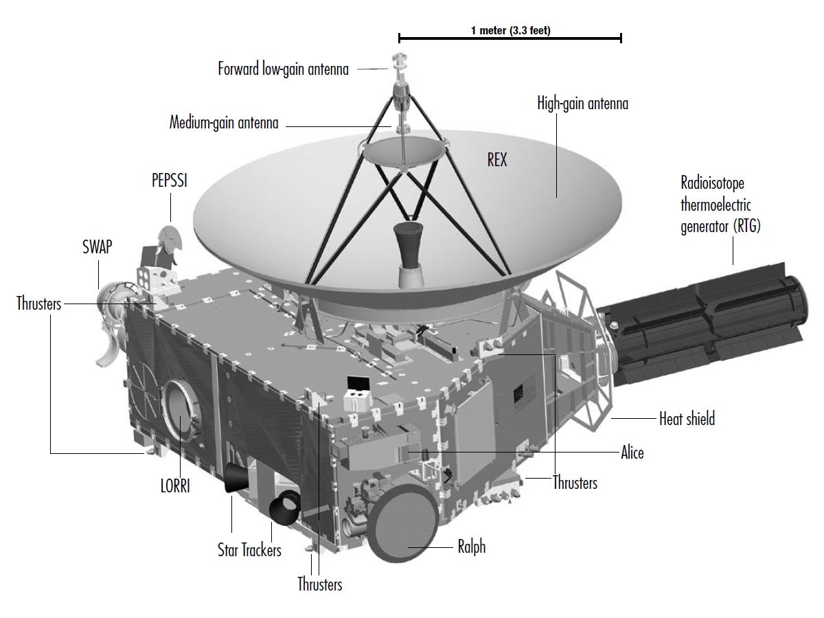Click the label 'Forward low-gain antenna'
tap(283, 69)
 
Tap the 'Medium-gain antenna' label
tap(224, 123)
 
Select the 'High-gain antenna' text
tap(582, 104)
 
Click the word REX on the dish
tap(496, 160)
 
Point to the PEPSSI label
tap(170, 181)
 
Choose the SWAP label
tap(98, 247)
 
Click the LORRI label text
tap(175, 486)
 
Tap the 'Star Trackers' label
tap(249, 550)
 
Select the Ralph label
tap(472, 547)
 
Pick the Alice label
tap(632, 453)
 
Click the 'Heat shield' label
tap(687, 419)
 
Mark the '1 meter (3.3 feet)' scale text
tap(511, 30)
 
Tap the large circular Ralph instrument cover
tap(402, 523)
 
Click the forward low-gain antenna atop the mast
tap(400, 62)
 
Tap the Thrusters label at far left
tap(38, 304)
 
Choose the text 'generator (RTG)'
tap(721, 227)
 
